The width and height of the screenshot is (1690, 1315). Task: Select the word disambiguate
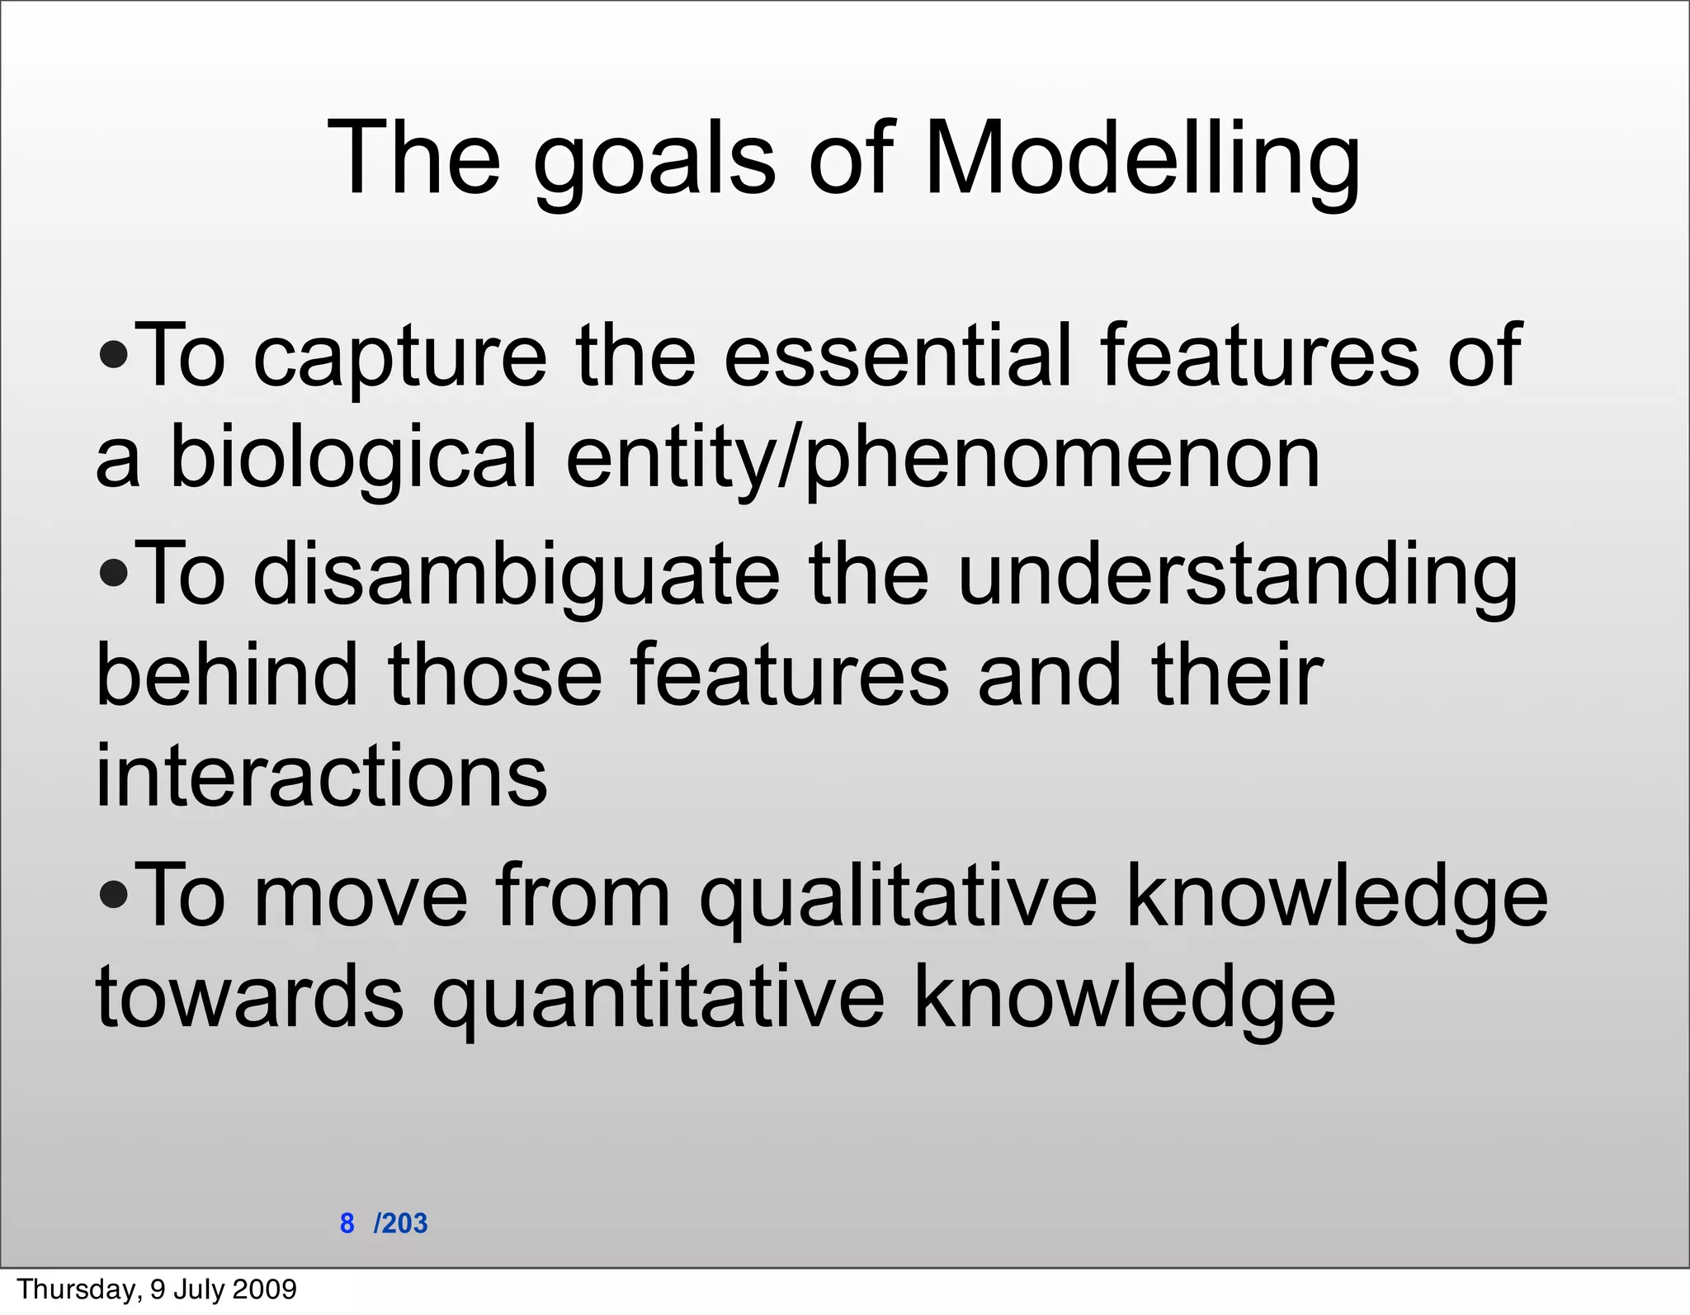(516, 576)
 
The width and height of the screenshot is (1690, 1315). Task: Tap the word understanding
(1238, 576)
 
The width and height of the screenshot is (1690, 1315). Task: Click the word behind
(227, 675)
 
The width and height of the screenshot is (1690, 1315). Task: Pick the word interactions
(322, 776)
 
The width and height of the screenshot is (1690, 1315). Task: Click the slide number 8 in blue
(347, 1223)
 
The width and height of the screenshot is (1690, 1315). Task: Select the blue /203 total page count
(401, 1223)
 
